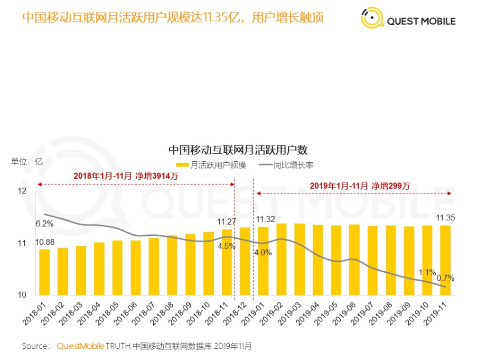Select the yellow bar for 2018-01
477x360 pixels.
45,272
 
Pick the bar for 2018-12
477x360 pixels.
245,261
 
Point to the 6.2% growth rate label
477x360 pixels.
45,224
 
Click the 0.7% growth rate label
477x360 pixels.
446,278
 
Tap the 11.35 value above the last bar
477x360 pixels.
445,218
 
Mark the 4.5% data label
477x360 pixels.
227,245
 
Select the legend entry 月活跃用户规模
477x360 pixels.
211,165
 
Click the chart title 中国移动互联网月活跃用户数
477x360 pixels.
237,150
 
